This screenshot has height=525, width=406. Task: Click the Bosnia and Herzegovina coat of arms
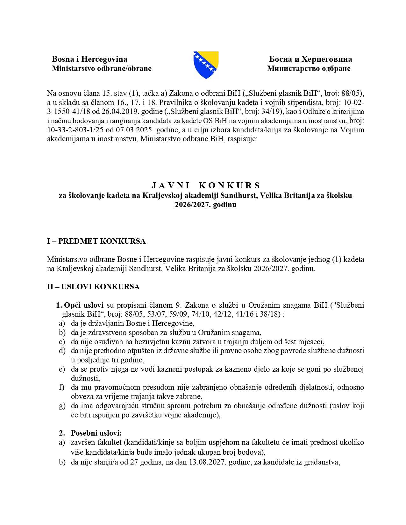[x=206, y=65]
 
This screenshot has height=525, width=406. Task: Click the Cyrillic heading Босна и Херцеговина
[x=310, y=59]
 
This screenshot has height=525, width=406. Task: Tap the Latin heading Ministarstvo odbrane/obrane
[x=102, y=68]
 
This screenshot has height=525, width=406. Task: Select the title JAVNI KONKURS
[x=206, y=185]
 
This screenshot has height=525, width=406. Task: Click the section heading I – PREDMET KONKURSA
[x=96, y=241]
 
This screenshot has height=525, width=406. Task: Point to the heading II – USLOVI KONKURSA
[x=93, y=287]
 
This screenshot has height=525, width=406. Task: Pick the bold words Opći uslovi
[x=84, y=305]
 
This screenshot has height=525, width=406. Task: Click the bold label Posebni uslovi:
[x=96, y=433]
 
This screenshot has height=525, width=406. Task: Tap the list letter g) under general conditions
[x=62, y=406]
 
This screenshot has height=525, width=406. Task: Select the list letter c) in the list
[x=62, y=342]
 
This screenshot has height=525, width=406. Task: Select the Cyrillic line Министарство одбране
[x=309, y=68]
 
